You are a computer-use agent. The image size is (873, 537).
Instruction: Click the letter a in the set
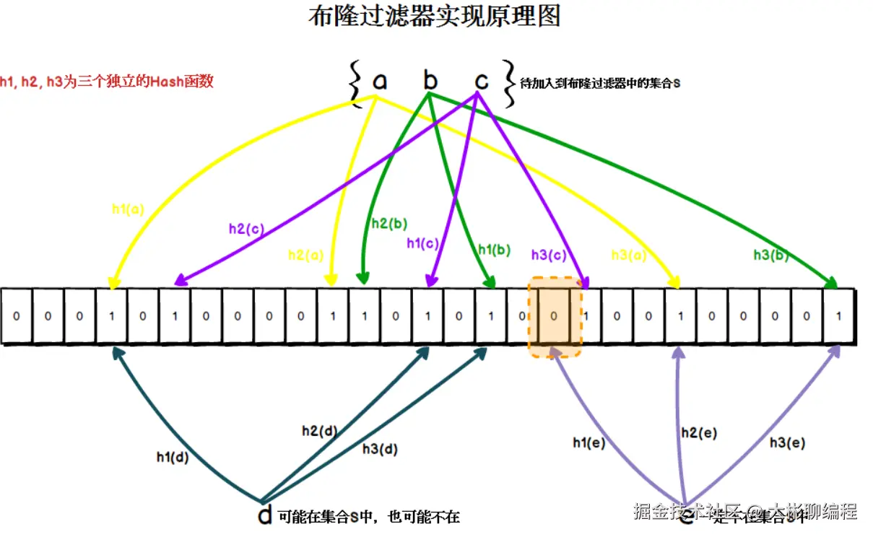(x=379, y=82)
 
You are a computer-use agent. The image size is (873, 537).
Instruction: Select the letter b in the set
(x=430, y=81)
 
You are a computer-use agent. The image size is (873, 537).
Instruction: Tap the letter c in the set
(x=481, y=82)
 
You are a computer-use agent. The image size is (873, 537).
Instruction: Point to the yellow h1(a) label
(x=128, y=209)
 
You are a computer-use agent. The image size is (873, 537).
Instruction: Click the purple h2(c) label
(x=246, y=229)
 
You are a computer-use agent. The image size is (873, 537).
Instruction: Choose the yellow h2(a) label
(x=306, y=254)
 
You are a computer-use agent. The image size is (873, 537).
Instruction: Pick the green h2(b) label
(x=389, y=224)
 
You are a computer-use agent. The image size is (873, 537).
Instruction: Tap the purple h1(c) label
(x=422, y=244)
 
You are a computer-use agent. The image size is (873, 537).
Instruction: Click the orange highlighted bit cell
(x=554, y=316)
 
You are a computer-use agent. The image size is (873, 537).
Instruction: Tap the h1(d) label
(x=173, y=456)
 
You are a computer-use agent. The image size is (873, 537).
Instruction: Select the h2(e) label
(x=698, y=432)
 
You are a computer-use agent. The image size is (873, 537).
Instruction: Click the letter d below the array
(x=265, y=515)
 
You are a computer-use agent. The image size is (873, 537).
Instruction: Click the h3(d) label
(x=380, y=449)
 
